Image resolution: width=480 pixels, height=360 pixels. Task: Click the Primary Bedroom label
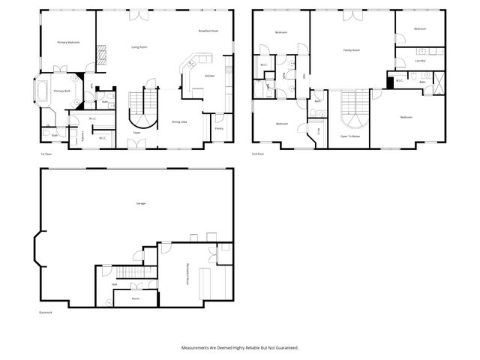coord(68,43)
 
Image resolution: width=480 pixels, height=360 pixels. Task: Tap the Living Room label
coord(139,47)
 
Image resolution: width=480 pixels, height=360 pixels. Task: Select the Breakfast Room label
coord(208,31)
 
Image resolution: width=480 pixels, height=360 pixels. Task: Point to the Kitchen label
coord(210,76)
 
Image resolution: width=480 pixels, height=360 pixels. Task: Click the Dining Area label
coord(179,121)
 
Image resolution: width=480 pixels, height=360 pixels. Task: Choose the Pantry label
coord(219,128)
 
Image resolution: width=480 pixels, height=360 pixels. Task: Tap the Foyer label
coord(136,133)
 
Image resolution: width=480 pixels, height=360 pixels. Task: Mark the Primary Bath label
coord(62,91)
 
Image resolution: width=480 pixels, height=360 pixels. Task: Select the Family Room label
coord(351,50)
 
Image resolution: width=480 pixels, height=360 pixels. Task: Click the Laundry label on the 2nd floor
coord(420,61)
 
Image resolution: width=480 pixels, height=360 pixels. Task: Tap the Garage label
coord(140,204)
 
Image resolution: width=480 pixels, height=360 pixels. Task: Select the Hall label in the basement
coord(114,284)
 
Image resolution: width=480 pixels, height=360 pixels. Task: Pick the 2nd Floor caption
coord(259,154)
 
